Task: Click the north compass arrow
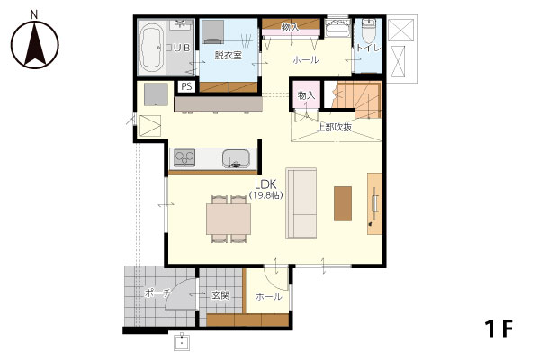tap(34, 45)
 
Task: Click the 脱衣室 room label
tap(228, 55)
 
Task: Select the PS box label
tap(186, 86)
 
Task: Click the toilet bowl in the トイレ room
tap(368, 31)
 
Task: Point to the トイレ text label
tap(368, 48)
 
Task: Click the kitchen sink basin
tap(236, 158)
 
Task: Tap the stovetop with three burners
tap(184, 157)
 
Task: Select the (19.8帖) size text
tap(265, 195)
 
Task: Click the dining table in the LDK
tap(229, 219)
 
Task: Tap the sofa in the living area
tap(301, 203)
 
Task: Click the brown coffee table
tap(343, 203)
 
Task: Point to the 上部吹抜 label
tap(335, 128)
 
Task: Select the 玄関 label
tap(220, 295)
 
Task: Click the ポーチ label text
tap(157, 293)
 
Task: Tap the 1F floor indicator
tap(499, 328)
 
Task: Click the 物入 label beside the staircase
tap(306, 95)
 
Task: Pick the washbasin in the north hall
tap(337, 28)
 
